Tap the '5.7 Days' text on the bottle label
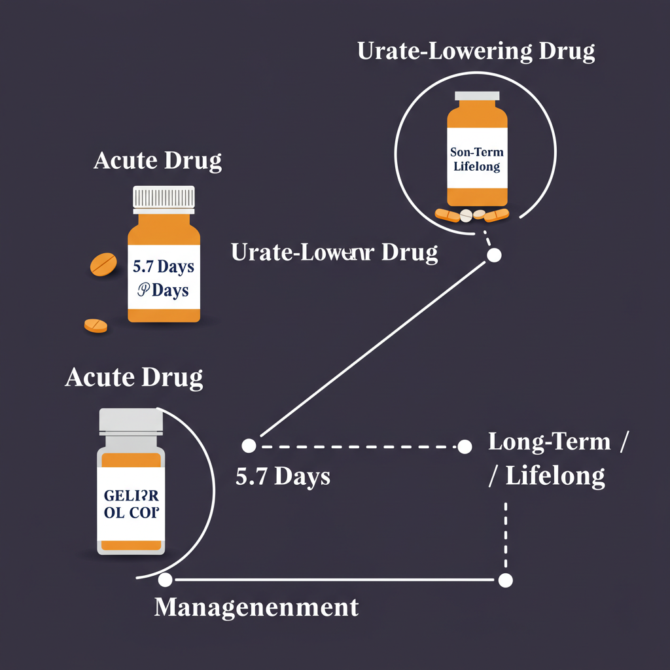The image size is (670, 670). coord(164,267)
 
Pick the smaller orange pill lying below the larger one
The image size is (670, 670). coord(96,325)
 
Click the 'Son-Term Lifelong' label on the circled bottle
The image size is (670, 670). coord(477,159)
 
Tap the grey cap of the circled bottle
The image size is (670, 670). coord(477,95)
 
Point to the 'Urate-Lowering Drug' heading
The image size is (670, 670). coord(476,52)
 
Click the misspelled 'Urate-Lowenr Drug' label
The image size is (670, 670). coord(334,253)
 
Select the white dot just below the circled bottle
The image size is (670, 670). coord(494,255)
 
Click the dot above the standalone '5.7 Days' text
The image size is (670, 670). coord(249,446)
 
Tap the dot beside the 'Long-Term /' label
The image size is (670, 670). coord(465,447)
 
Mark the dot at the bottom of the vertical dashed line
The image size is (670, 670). coord(505,580)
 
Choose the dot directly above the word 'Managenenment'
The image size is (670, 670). coord(165,580)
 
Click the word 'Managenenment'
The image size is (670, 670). coord(256,607)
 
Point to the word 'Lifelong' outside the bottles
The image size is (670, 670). coord(555,476)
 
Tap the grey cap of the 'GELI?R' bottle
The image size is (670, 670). coord(130,421)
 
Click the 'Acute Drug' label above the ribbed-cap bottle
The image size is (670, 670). coord(158,160)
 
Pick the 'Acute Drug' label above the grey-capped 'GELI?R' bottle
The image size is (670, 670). coord(133,378)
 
